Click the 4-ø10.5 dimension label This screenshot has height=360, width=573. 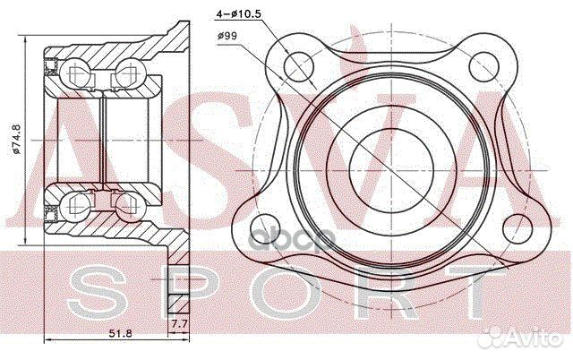click(238, 14)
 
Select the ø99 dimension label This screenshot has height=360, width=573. click(227, 36)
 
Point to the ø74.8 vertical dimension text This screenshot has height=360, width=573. click(16, 141)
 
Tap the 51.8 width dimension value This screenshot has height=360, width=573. click(121, 333)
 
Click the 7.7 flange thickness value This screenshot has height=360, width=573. click(179, 324)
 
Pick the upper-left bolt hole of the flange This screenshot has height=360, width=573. click(298, 66)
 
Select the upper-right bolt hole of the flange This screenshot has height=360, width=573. click(483, 66)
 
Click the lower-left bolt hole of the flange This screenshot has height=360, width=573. click(265, 229)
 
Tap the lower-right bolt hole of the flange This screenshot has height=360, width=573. click(517, 229)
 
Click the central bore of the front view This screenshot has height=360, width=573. click(391, 170)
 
